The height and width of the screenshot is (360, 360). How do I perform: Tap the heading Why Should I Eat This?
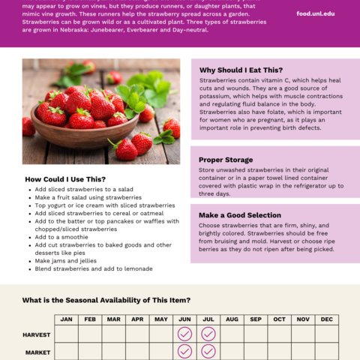tap(240, 69)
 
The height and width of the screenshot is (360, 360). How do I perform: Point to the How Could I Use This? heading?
tap(65, 179)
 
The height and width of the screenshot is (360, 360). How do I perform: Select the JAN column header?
tap(66, 319)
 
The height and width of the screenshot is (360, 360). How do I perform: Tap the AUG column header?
tap(232, 319)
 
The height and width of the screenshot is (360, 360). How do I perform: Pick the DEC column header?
tap(327, 319)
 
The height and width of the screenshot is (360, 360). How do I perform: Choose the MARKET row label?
tap(37, 352)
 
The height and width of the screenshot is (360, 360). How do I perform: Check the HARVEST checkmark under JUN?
tap(184, 334)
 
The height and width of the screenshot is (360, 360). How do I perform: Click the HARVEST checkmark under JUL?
tap(208, 334)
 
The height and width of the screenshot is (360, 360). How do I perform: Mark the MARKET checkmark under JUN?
tap(184, 351)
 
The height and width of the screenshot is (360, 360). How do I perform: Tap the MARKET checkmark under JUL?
tap(208, 351)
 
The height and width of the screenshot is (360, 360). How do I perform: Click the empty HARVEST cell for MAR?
tap(113, 334)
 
